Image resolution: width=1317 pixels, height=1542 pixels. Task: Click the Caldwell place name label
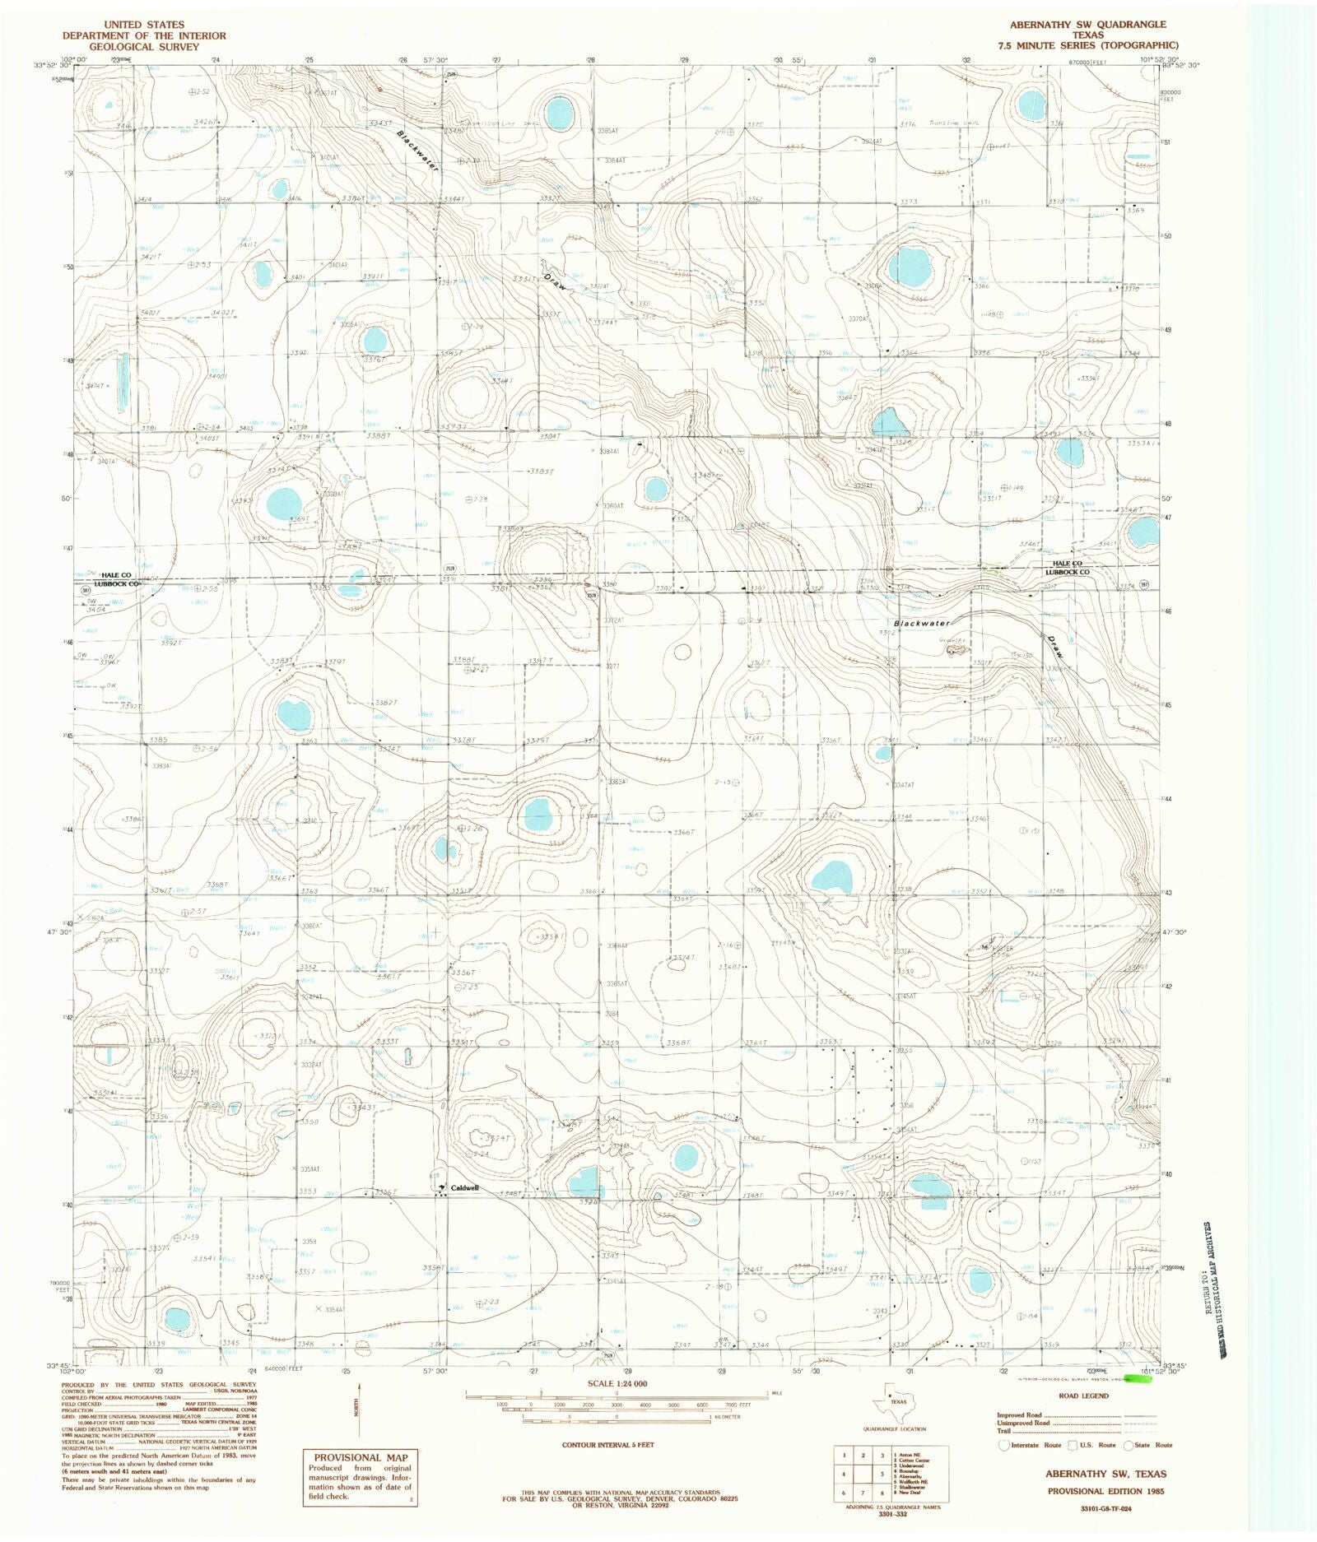[x=464, y=1188]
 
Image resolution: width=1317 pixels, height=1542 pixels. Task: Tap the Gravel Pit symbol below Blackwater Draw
[x=954, y=650]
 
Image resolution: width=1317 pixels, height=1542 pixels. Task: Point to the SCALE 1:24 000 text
[x=617, y=1383]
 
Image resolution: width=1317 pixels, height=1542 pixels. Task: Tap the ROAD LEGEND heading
[x=1084, y=1396]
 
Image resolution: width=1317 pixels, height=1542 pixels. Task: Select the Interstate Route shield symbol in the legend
[x=1003, y=1445]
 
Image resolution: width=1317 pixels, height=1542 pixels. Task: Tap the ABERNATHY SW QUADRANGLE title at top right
[x=1087, y=25]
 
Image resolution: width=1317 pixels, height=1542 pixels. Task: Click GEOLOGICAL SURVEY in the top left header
[x=144, y=47]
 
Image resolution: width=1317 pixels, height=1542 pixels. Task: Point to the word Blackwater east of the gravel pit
[x=922, y=624]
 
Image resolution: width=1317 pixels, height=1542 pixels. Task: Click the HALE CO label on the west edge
[x=116, y=574]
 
